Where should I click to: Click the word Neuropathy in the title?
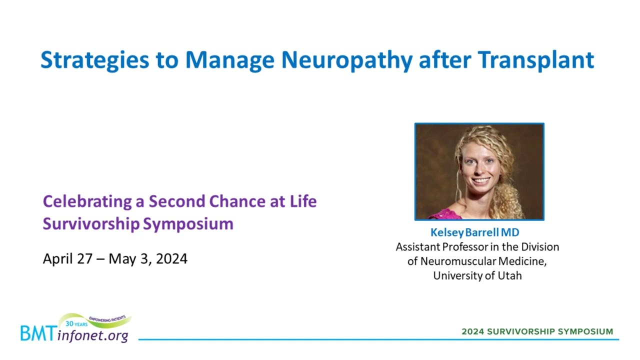[x=347, y=60]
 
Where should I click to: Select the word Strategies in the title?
[x=95, y=60]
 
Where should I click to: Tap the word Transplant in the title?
[x=536, y=60]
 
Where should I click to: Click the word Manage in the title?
[x=230, y=60]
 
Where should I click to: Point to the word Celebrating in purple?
[x=87, y=201]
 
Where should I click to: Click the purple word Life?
[x=303, y=201]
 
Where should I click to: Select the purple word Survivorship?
[x=91, y=224]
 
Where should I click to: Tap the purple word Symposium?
[x=188, y=224]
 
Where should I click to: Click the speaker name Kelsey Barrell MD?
[x=475, y=232]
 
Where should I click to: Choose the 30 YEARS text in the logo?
[x=76, y=324]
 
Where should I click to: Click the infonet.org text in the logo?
[x=92, y=335]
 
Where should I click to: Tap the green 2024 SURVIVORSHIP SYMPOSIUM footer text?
[x=537, y=331]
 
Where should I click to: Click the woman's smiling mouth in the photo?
[x=480, y=180]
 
